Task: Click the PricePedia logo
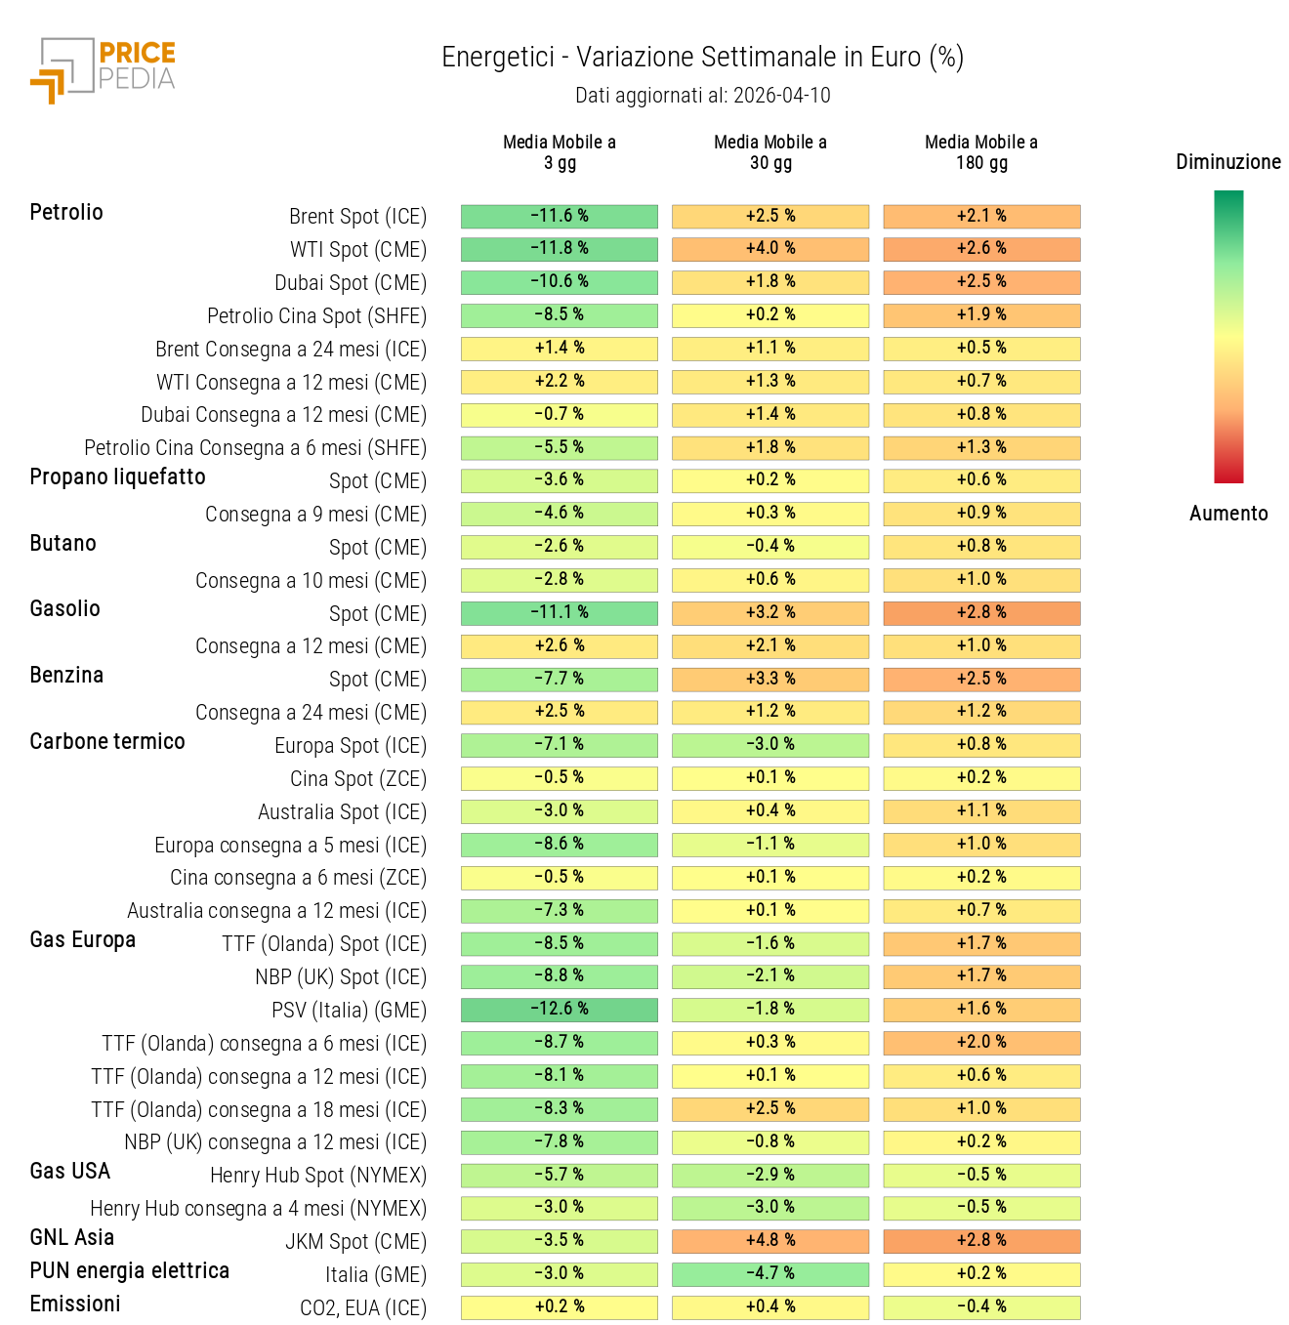104,69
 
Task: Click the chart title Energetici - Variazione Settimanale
702,58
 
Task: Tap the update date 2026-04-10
781,96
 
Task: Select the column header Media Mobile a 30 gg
769,152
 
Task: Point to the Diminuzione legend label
1227,162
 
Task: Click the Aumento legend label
1227,514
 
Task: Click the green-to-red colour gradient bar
1227,337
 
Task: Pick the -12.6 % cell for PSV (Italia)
560,1010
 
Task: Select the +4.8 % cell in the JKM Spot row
770,1241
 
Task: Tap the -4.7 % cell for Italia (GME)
770,1274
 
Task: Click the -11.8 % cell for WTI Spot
560,249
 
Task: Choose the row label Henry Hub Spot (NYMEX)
318,1176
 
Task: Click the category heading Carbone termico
107,742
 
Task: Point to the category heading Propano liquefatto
117,477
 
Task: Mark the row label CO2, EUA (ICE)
362,1308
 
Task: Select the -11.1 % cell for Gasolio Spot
560,613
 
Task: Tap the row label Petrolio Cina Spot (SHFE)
316,316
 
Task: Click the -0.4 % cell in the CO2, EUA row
981,1307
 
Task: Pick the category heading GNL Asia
72,1238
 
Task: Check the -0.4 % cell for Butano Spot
770,547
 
